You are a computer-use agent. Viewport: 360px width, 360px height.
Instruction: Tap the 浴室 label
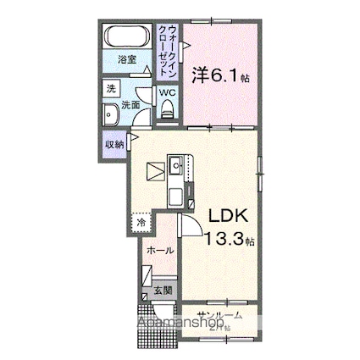pyautogui.click(x=126, y=60)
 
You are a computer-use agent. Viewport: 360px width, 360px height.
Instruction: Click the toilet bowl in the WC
pyautogui.click(x=167, y=108)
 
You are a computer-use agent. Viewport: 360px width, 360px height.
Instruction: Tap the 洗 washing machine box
pyautogui.click(x=111, y=88)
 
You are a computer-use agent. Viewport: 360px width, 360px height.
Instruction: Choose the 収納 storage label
pyautogui.click(x=114, y=144)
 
